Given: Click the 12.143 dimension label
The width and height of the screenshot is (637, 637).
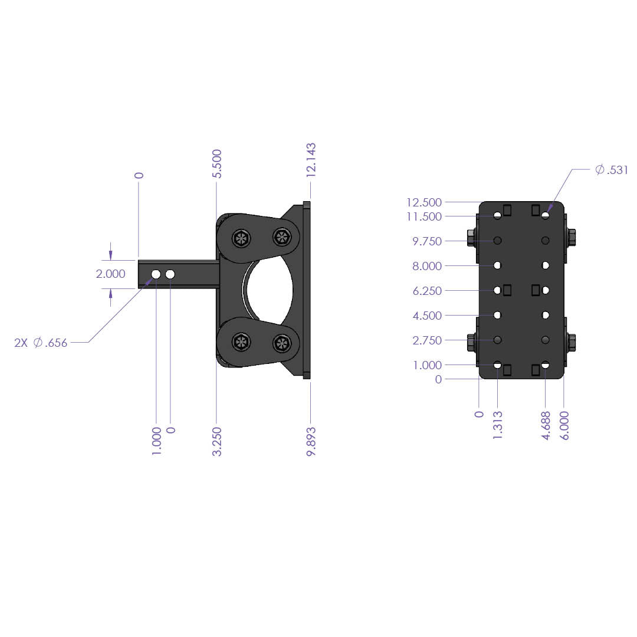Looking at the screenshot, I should coord(311,159).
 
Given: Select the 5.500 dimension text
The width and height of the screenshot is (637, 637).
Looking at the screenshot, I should coord(217,164).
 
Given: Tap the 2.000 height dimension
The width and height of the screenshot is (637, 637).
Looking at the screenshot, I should coord(110,274).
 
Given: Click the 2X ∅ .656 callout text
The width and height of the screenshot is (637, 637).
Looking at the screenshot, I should coord(41,343).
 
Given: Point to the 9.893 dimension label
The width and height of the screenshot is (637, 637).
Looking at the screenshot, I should coord(311,441).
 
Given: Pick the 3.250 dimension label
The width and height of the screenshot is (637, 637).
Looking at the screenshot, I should coord(217,441).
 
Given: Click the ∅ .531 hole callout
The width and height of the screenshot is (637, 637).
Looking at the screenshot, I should coord(612,170).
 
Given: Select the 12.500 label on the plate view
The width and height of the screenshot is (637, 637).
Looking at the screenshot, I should coord(423,202).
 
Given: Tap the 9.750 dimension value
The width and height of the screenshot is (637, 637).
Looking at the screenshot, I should coord(426,241).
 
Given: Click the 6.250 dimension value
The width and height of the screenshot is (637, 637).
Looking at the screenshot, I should coord(426,291).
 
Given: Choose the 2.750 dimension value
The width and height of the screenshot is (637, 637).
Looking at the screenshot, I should coord(426,340).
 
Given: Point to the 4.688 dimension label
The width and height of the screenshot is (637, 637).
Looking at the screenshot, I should coord(546,425).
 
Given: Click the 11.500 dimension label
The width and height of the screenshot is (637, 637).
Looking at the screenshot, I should coord(423,216).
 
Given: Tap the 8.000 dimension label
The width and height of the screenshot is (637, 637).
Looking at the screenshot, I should coord(426,266).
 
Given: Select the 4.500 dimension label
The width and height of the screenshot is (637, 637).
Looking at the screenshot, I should coord(426,316).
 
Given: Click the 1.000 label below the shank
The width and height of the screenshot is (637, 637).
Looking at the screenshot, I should coord(156,441).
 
